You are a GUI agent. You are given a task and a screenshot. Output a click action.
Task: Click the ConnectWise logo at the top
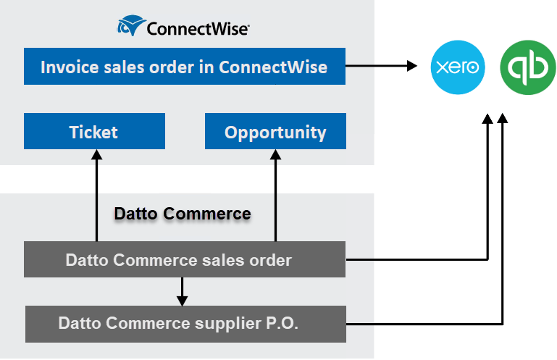point(184,28)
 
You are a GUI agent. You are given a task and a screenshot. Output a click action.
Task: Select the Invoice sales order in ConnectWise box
point(185,67)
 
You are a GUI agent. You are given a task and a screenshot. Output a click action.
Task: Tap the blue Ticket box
point(94,132)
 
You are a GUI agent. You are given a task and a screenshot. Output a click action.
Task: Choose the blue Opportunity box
point(275,132)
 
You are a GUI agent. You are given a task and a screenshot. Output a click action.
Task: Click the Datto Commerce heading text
point(183,214)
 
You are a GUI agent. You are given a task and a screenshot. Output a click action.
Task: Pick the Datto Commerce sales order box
point(185,259)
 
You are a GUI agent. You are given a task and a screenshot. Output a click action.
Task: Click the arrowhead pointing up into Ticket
point(96,155)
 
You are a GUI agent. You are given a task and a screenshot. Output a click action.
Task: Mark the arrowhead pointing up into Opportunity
point(276,155)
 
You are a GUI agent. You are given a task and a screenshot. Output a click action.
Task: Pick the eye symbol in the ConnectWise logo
point(130,28)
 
